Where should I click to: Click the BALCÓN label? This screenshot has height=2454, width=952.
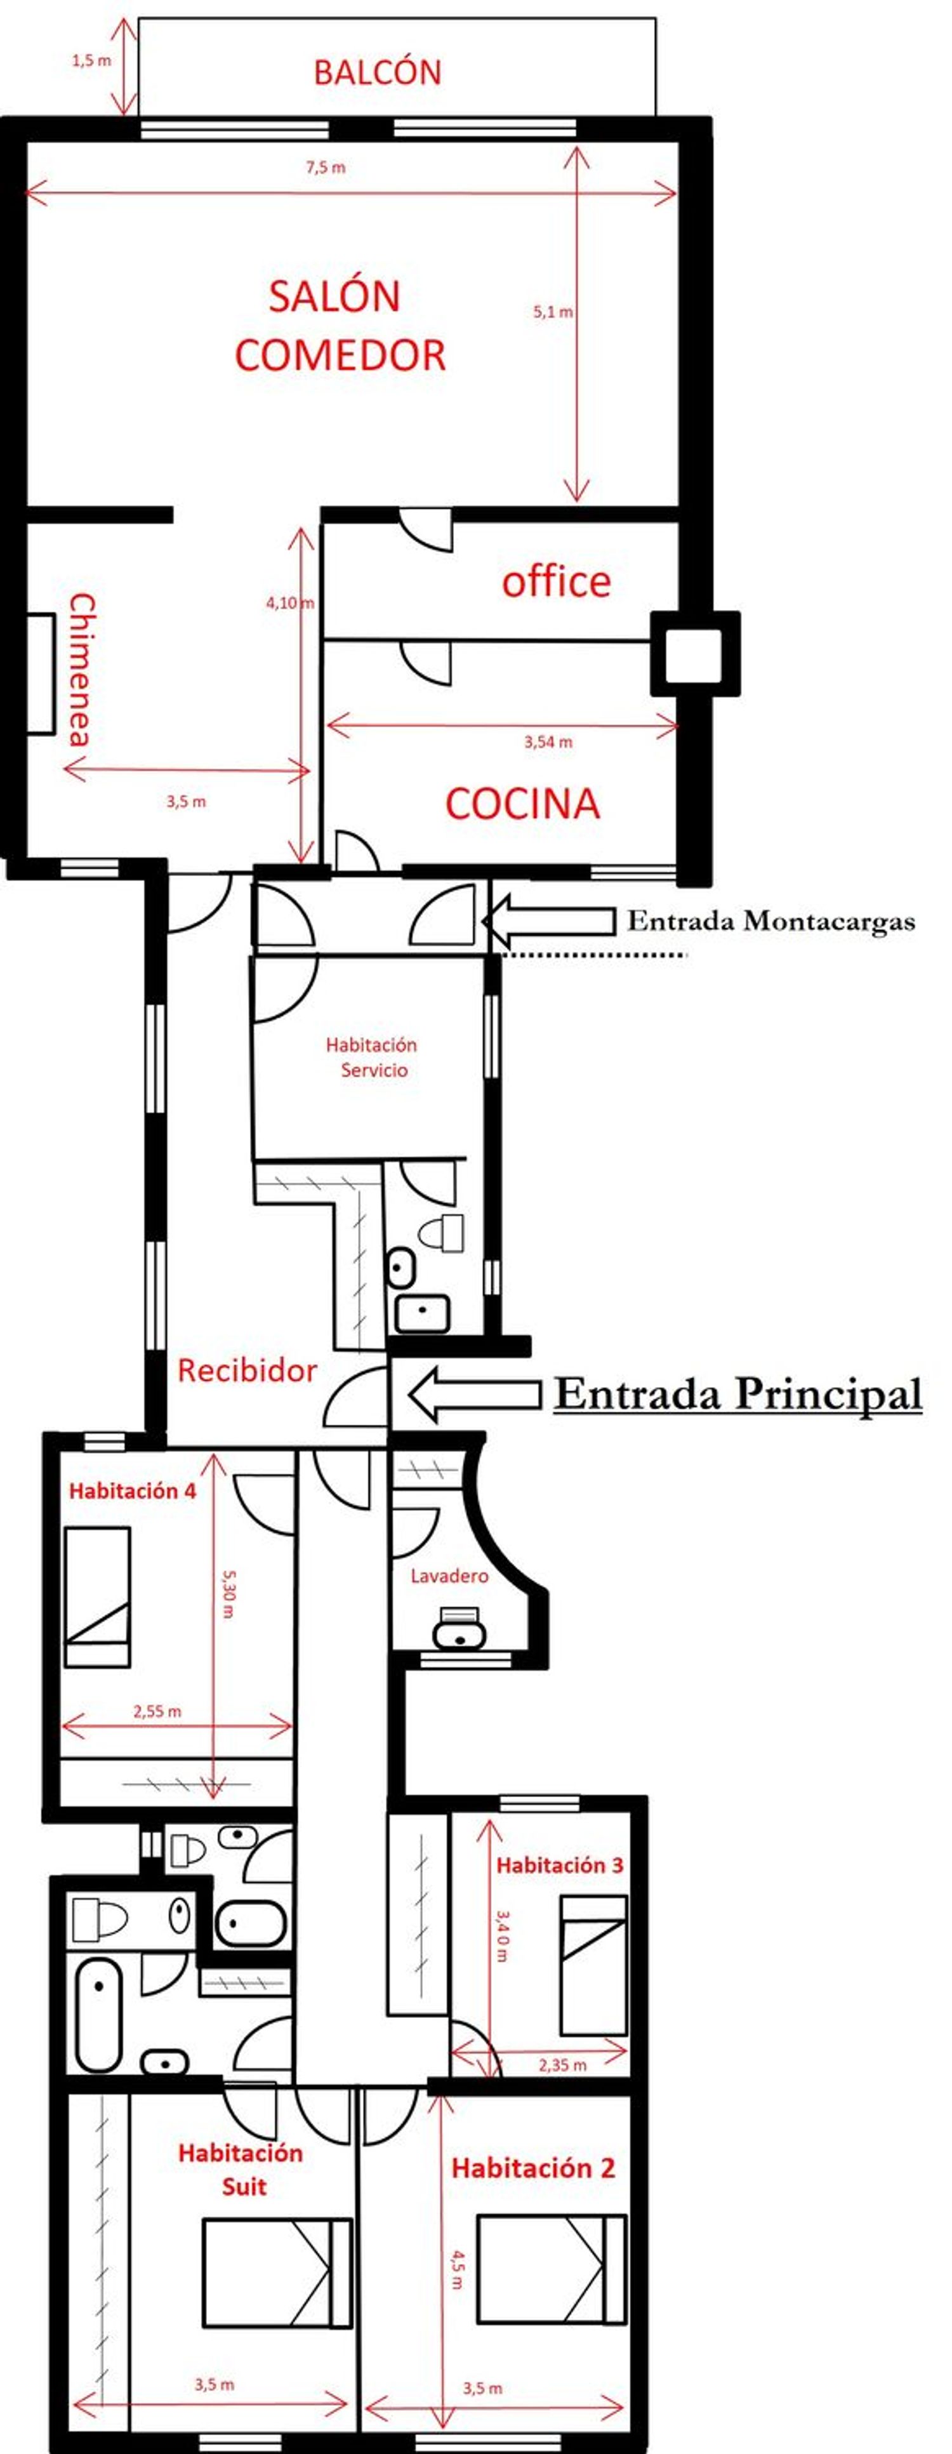pos(378,72)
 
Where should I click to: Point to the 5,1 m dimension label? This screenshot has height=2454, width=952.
pos(553,312)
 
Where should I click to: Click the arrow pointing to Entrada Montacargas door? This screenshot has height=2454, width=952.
pos(549,921)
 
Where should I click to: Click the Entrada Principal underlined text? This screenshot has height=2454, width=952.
pos(737,1394)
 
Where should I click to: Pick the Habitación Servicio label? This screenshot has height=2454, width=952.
pos(372,1058)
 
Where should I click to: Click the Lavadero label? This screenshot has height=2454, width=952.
pos(449,1575)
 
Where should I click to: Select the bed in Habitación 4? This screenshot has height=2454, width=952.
pos(97,1596)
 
